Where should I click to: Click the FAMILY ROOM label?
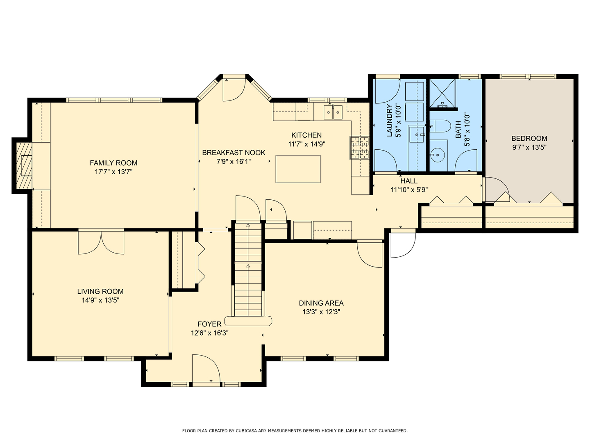pyautogui.click(x=113, y=163)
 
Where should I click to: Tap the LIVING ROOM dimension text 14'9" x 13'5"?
pyautogui.click(x=100, y=300)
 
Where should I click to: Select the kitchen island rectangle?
pyautogui.click(x=298, y=169)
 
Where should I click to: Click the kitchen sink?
pyautogui.click(x=333, y=112)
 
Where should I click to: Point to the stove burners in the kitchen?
pyautogui.click(x=359, y=148)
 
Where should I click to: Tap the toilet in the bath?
pyautogui.click(x=439, y=126)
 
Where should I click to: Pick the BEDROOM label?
pyautogui.click(x=529, y=139)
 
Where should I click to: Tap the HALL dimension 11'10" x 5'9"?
pyautogui.click(x=409, y=190)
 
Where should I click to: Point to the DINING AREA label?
pyautogui.click(x=321, y=303)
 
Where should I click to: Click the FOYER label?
pyautogui.click(x=209, y=324)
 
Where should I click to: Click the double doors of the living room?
pyautogui.click(x=101, y=242)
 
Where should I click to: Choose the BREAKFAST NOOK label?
pyautogui.click(x=234, y=153)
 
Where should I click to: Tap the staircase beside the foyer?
pyautogui.click(x=248, y=271)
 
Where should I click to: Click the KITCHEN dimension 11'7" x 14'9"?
pyautogui.click(x=306, y=144)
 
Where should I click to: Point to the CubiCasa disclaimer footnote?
pyautogui.click(x=295, y=431)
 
